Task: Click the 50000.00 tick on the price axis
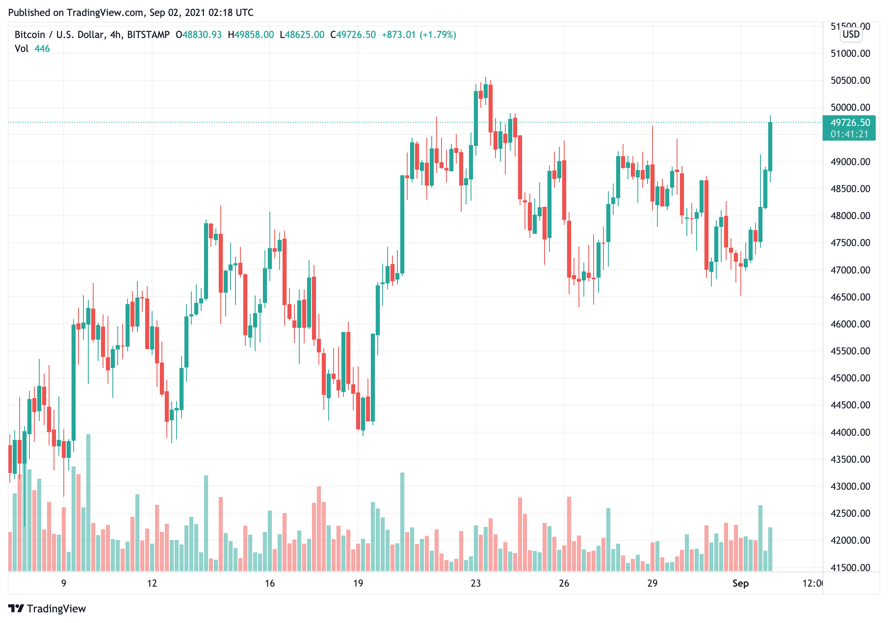[x=850, y=108]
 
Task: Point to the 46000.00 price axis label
[x=850, y=324]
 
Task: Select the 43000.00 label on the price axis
[x=850, y=486]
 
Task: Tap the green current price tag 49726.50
[x=850, y=123]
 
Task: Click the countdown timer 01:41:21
[x=849, y=134]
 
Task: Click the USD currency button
[x=851, y=34]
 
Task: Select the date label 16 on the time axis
[x=270, y=583]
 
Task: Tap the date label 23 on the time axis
[x=475, y=583]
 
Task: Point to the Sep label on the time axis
[x=740, y=583]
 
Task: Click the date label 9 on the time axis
[x=64, y=583]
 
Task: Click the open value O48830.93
[x=199, y=35]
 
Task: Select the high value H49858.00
[x=251, y=35]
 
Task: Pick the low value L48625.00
[x=302, y=35]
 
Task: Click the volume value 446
[x=42, y=49]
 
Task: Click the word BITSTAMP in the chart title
[x=148, y=35]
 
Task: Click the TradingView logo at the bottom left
[x=47, y=609]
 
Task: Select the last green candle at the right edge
[x=770, y=146]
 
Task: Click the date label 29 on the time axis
[x=652, y=583]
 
